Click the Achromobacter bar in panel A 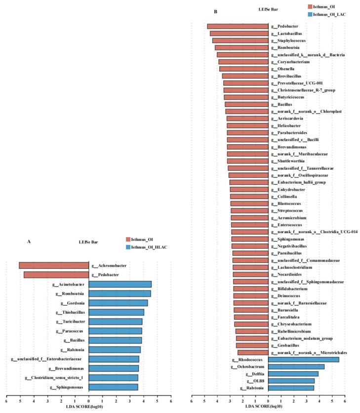[x=53, y=265]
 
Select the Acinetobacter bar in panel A [x=120, y=284]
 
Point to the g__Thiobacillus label [x=71, y=312]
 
